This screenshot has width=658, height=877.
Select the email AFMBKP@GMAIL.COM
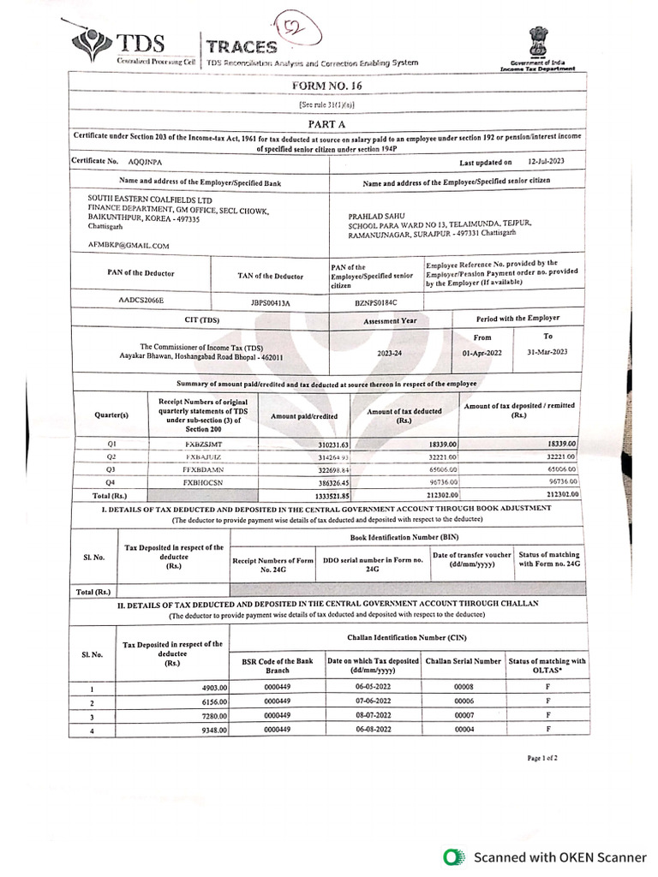(x=129, y=246)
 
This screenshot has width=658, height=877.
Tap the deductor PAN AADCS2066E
(x=141, y=301)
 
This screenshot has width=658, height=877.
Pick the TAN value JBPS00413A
(x=271, y=302)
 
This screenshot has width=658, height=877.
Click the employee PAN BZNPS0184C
(x=375, y=302)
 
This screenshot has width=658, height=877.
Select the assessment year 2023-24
(x=391, y=353)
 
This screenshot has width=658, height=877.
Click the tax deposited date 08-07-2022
(x=373, y=715)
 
